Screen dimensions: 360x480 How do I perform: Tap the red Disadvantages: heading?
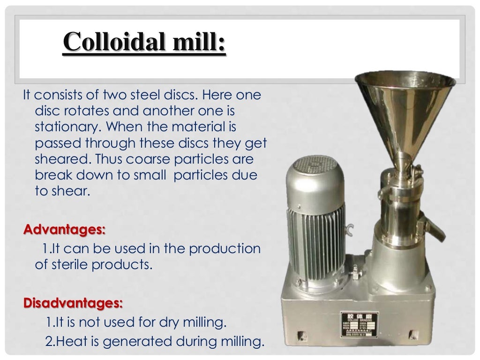(73, 303)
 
